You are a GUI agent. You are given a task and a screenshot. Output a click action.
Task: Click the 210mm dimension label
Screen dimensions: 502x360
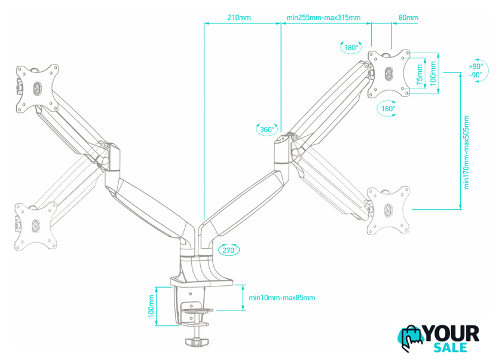point(239,17)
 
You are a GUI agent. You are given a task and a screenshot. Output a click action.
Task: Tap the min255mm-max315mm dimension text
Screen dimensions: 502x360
point(323,17)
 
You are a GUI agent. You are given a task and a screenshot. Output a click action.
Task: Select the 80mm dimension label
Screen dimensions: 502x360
point(408,17)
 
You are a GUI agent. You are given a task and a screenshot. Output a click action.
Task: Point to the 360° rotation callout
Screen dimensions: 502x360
point(267,129)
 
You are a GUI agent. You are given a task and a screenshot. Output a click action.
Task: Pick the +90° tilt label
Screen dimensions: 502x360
point(476,66)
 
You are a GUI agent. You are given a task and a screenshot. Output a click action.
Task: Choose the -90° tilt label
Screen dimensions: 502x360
point(476,75)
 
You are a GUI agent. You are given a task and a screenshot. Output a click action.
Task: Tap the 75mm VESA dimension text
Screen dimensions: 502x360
point(420,75)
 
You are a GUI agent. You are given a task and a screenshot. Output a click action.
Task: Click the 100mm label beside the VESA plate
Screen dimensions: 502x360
point(433,74)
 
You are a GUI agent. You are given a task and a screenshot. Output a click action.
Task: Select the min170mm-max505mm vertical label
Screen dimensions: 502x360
point(466,152)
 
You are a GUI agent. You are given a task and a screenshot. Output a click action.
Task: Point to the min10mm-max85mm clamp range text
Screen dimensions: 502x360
point(281,298)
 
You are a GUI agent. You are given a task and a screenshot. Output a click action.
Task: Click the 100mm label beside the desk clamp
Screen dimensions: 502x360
point(151,306)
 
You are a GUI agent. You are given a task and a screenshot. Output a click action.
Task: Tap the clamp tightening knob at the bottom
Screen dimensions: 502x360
point(197,341)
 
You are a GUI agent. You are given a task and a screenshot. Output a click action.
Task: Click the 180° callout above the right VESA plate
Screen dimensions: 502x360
point(351,48)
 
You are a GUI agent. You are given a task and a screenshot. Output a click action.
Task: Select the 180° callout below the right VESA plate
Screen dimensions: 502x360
point(388,109)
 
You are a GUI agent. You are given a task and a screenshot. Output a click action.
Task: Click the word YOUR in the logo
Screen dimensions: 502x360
point(451,334)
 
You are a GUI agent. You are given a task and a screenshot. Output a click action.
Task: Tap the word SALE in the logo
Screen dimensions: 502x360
point(450,347)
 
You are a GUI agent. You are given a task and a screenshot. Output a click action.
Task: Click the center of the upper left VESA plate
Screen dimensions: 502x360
point(37,89)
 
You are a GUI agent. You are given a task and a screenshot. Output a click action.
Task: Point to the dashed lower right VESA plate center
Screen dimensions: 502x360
point(388,210)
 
